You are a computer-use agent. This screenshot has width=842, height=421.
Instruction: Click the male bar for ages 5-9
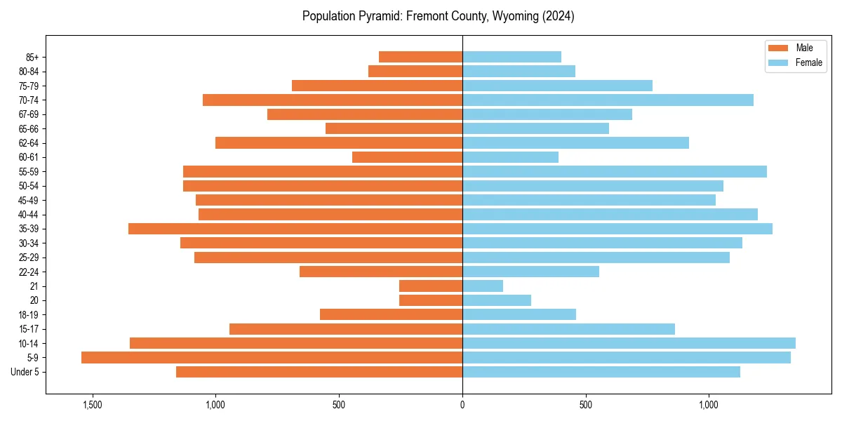(272, 358)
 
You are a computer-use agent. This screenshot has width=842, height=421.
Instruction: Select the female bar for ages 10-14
(629, 343)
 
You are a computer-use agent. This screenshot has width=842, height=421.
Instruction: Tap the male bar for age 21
(431, 286)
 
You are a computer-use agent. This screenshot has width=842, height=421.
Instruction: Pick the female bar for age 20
(497, 300)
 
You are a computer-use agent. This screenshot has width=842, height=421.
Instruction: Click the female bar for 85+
(512, 57)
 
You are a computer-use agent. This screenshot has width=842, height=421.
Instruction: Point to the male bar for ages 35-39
(295, 229)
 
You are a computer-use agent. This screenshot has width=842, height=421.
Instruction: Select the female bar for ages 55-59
(615, 172)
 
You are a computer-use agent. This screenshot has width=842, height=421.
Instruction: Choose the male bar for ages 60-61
(407, 157)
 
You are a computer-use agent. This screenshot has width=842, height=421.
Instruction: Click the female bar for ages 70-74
(608, 100)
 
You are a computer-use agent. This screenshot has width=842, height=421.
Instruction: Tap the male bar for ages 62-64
(339, 143)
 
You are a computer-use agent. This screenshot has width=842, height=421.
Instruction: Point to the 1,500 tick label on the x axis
(92, 405)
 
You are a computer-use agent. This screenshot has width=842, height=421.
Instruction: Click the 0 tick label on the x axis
(462, 405)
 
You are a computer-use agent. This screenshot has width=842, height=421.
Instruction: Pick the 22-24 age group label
(29, 272)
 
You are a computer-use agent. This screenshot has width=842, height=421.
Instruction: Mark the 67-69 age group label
(29, 114)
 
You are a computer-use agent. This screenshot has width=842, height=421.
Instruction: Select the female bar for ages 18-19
(519, 315)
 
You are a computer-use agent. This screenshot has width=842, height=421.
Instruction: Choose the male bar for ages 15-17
(346, 329)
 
